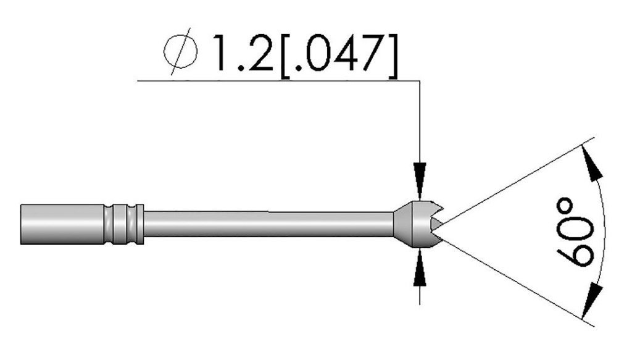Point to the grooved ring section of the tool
coord(123,224)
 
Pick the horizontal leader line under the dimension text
coord(278,80)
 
